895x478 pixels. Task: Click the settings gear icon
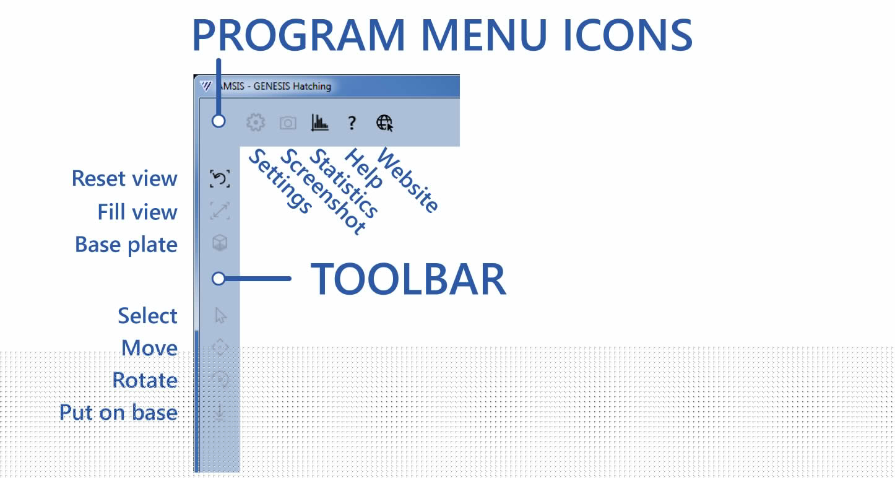[x=256, y=123]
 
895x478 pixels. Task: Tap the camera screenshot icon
[x=288, y=123]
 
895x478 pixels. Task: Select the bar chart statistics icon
[x=319, y=123]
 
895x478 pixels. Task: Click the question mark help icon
[x=352, y=123]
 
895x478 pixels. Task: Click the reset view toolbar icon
[x=220, y=178]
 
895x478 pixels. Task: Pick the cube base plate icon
[x=220, y=243]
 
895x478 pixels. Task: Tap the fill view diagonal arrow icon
[x=220, y=211]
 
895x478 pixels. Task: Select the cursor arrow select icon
[x=220, y=315]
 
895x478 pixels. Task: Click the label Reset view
[x=124, y=178]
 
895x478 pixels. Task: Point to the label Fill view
[x=137, y=212]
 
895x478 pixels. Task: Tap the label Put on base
[x=118, y=412]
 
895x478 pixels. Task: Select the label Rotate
[x=145, y=380]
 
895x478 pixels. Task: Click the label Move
[x=149, y=348]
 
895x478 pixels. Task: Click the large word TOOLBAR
[x=409, y=279]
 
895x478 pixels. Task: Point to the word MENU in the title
[x=483, y=35]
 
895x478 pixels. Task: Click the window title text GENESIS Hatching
[x=292, y=86]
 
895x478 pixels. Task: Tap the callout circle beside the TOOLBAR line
[x=218, y=279]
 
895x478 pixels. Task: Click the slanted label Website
[x=407, y=180]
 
